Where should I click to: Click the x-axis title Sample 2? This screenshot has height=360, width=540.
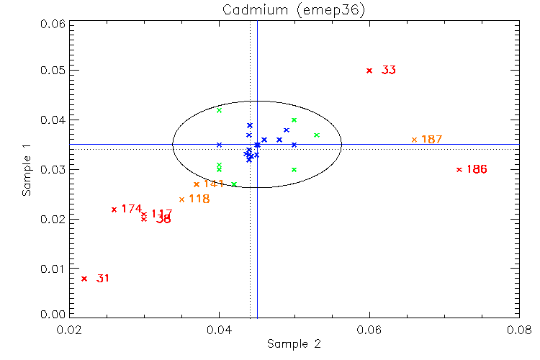[x=294, y=344]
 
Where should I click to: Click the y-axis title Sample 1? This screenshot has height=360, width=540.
[x=27, y=169]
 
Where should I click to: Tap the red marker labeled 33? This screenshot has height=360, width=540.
[x=369, y=71]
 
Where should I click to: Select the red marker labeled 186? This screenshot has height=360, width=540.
[x=459, y=169]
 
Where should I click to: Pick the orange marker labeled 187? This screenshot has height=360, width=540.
[x=414, y=140]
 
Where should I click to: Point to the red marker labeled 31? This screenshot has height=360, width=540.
[x=84, y=279]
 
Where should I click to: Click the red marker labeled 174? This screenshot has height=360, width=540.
[x=114, y=210]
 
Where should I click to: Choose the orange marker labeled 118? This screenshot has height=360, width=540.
[x=181, y=199]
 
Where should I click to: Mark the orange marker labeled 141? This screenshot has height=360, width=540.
[x=197, y=184]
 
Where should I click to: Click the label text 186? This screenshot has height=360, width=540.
[x=477, y=170]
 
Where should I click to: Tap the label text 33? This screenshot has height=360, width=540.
[x=389, y=71]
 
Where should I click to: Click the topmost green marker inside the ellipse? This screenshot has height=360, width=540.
[x=219, y=110]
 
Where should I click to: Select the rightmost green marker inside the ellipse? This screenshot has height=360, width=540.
[x=317, y=135]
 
